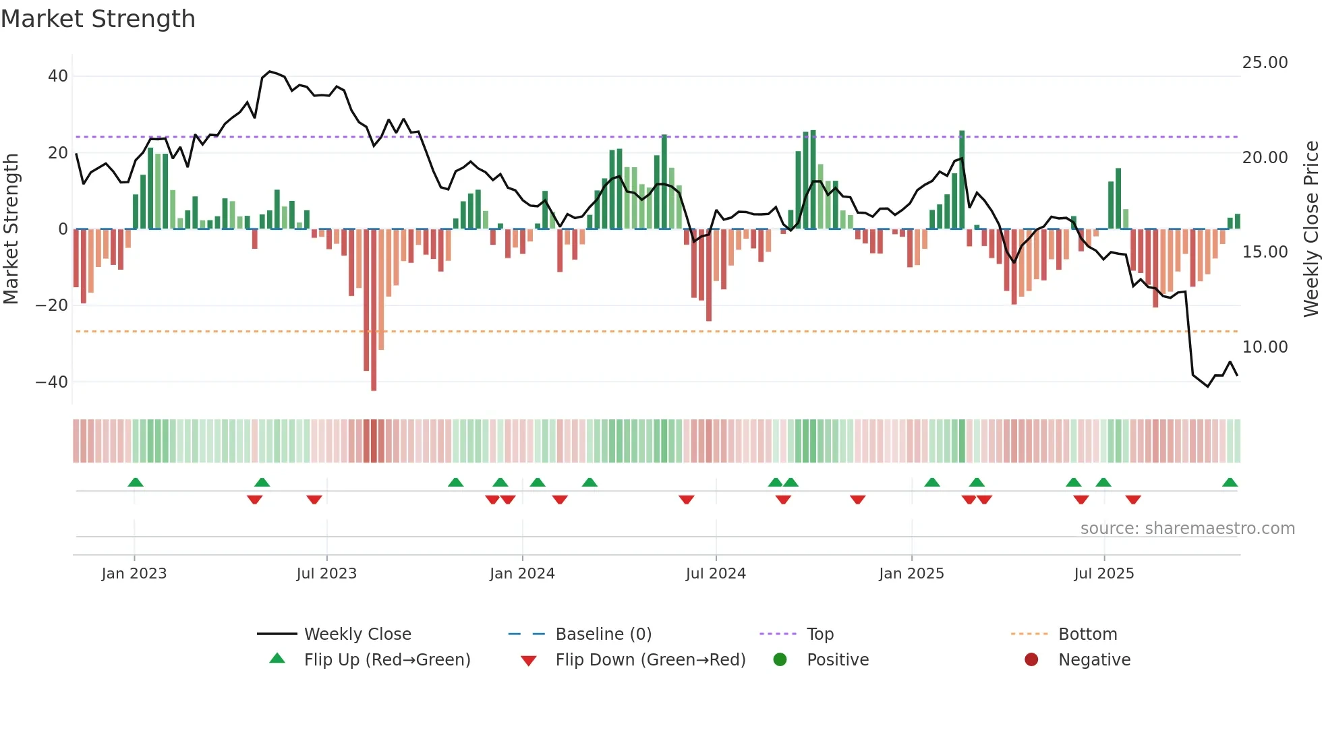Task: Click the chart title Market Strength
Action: [98, 19]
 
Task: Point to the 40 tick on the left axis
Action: [58, 76]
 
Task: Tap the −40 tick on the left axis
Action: [53, 382]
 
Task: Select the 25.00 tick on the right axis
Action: [1265, 63]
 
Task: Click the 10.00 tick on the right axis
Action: [1265, 347]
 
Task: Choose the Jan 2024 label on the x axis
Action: [522, 574]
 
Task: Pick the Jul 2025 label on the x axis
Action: [1103, 574]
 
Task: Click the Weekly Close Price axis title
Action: [1311, 229]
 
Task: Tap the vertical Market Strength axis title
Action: [11, 229]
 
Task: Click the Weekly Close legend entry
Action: [357, 634]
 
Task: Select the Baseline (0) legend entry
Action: [603, 634]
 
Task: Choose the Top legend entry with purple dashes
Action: [820, 634]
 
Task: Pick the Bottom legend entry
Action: [1087, 634]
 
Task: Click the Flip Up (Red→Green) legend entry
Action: [386, 660]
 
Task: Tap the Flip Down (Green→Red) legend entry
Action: [650, 660]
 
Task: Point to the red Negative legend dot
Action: [1031, 660]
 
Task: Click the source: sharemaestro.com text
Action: [1187, 529]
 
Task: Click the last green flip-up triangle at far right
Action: [1230, 483]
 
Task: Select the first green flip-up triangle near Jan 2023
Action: [136, 483]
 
